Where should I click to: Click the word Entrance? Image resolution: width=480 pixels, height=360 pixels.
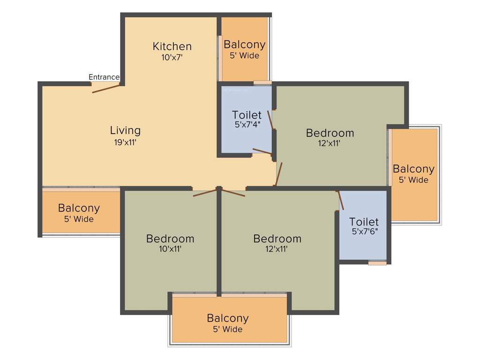tap(104, 77)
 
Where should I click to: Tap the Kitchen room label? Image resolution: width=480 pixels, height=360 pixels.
tap(172, 46)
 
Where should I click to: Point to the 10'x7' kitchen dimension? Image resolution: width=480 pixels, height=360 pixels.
tap(172, 57)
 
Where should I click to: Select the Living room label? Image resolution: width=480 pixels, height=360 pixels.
tap(125, 130)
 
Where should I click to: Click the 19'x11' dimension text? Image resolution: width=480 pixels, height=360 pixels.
tap(125, 142)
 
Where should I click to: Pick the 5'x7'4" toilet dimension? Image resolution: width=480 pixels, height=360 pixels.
tap(247, 125)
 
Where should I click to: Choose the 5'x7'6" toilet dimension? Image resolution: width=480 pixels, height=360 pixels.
tap(364, 231)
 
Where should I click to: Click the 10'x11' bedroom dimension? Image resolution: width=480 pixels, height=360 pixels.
tap(170, 249)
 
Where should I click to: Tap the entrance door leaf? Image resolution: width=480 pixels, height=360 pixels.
tap(106, 88)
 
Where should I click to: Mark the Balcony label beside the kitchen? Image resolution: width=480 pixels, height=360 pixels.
tap(244, 45)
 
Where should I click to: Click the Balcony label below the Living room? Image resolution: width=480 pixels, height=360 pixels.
tap(79, 208)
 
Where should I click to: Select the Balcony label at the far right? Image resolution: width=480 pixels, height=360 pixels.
tap(413, 169)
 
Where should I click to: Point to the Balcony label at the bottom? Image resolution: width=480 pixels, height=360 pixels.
tap(228, 318)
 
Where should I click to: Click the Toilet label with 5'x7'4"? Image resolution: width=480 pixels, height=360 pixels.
tap(247, 115)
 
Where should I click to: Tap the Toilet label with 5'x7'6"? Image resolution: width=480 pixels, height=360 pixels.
tap(364, 221)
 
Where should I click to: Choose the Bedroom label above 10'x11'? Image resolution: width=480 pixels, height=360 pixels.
tap(170, 238)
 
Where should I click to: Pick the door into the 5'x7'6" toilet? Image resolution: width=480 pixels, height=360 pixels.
tap(340, 200)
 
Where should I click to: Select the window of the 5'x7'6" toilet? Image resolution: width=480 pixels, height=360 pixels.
tap(377, 263)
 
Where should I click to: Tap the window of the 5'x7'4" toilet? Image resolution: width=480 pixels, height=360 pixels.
tap(262, 83)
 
